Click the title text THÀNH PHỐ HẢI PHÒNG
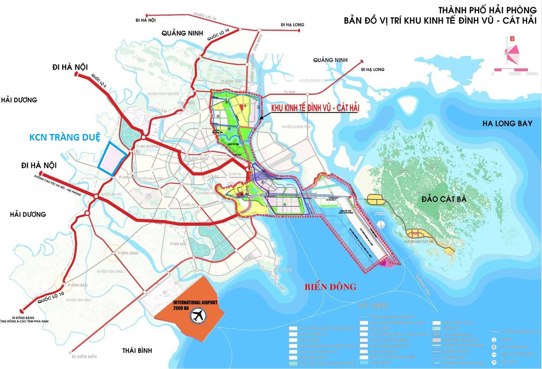pos(487,10)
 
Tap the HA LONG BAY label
pos(507,123)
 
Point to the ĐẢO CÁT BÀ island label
pos(444,199)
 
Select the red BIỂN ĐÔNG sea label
pos(330,287)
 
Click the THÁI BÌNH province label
pos(137,350)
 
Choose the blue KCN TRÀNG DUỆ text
pos(65,137)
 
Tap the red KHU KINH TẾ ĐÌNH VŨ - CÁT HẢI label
pos(315,108)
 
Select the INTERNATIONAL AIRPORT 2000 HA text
pos(195,305)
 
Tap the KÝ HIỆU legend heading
pos(373,305)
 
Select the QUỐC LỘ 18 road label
pos(205,16)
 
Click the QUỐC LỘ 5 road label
pos(99,81)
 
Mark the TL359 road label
pos(289,92)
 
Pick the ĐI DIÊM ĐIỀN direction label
pos(84,357)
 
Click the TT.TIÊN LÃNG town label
pos(128,253)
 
